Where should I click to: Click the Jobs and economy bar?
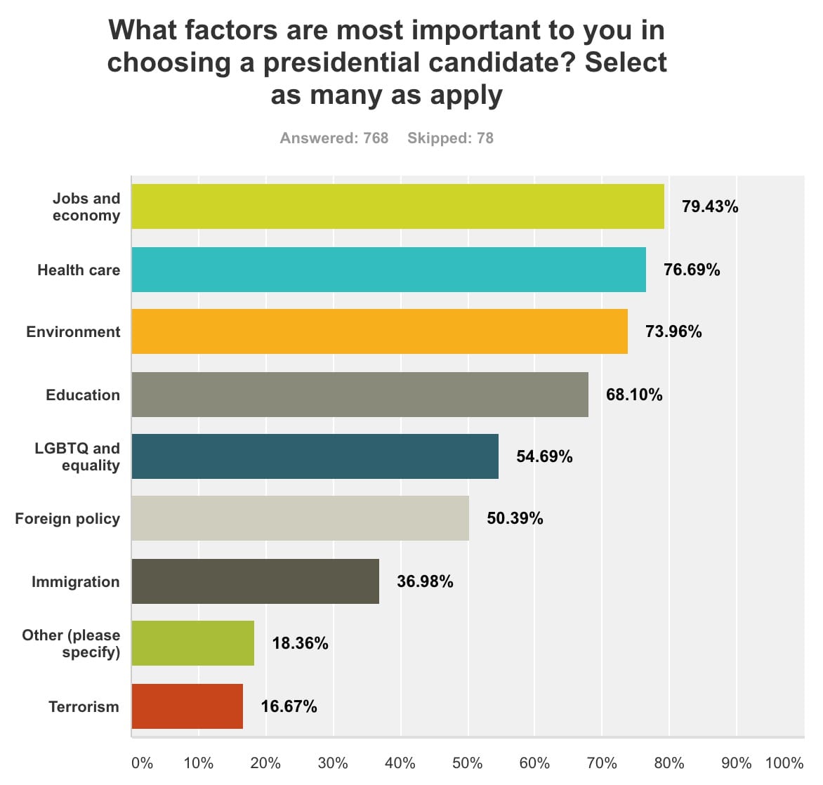(397, 206)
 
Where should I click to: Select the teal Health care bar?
(388, 270)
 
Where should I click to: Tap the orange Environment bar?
(379, 331)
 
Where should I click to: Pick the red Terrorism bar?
(187, 706)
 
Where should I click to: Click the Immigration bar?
(255, 581)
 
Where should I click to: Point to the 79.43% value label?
(710, 206)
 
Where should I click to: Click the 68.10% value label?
(634, 395)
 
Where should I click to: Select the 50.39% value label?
(515, 518)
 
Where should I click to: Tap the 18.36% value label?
(300, 643)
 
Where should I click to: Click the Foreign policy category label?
(67, 519)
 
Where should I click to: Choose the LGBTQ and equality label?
(77, 456)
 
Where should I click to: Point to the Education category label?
(83, 395)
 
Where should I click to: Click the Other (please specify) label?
(71, 643)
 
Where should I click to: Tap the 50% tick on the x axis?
(467, 763)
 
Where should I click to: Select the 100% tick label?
(784, 763)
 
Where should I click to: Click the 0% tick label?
(142, 763)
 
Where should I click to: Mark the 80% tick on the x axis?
(669, 763)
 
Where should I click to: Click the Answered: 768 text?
(334, 138)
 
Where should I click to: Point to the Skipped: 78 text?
(450, 138)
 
